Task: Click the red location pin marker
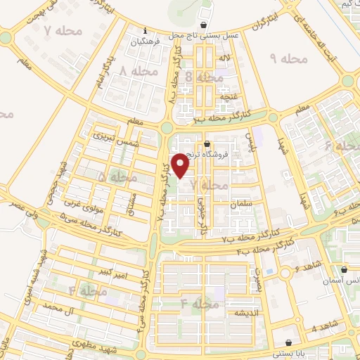click(181, 166)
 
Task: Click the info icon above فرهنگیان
click(145, 31)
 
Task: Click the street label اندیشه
click(248, 312)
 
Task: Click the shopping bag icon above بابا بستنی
click(340, 343)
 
